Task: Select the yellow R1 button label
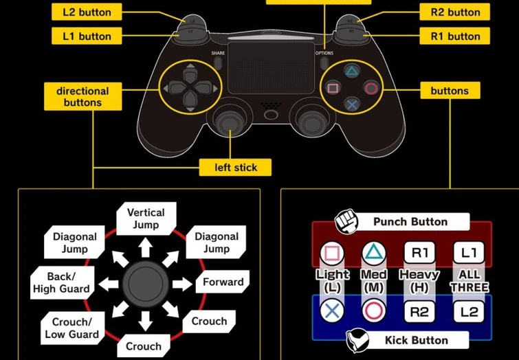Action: coord(455,36)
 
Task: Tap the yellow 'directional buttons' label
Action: coord(82,97)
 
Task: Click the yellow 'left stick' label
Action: coord(235,167)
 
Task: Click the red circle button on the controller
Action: coord(371,88)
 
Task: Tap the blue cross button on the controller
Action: coord(352,104)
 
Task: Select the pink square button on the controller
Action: coord(333,88)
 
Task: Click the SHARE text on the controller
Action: coord(218,53)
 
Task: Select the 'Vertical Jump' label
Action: coord(146,218)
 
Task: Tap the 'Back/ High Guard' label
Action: coord(61,282)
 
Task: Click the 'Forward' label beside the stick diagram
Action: coord(223,282)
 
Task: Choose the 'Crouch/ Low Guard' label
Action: coord(71,328)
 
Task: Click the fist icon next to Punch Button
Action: coord(346,223)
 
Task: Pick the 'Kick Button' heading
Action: coord(415,340)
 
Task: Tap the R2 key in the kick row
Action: coord(419,312)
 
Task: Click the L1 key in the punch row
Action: coord(470,253)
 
